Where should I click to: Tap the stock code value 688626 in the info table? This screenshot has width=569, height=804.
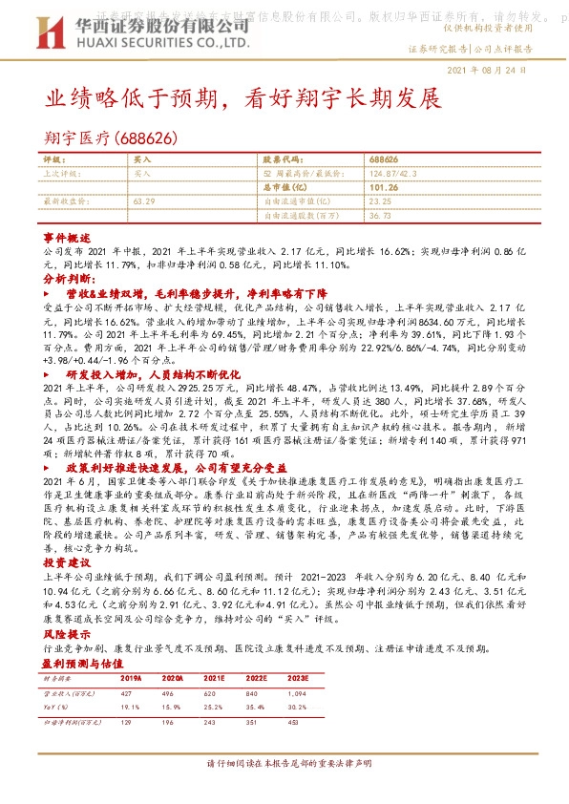[383, 159]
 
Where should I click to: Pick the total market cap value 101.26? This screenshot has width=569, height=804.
[381, 188]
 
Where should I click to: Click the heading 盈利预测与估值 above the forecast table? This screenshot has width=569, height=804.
[84, 662]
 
